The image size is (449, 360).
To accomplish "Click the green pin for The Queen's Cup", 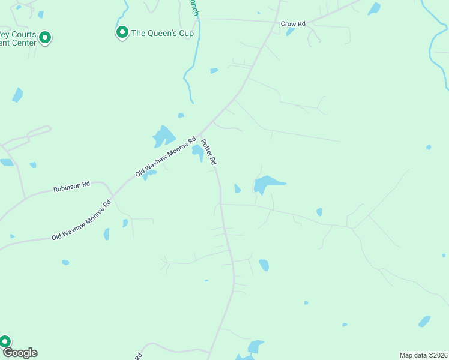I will point(122,32).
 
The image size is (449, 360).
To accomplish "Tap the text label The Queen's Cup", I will point(162,34).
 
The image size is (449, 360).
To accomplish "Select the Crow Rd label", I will point(293,24).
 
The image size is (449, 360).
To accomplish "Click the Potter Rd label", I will point(208,152).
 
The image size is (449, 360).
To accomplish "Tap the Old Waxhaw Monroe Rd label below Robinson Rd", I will point(82,220).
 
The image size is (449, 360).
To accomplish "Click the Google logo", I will point(20,353).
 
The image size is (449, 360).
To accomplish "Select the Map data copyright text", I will point(424,355).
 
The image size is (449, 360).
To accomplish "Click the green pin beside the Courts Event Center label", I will point(44,38).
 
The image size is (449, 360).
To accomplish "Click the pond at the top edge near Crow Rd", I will point(374,8).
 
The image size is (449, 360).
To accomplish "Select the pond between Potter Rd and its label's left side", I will point(197,152).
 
